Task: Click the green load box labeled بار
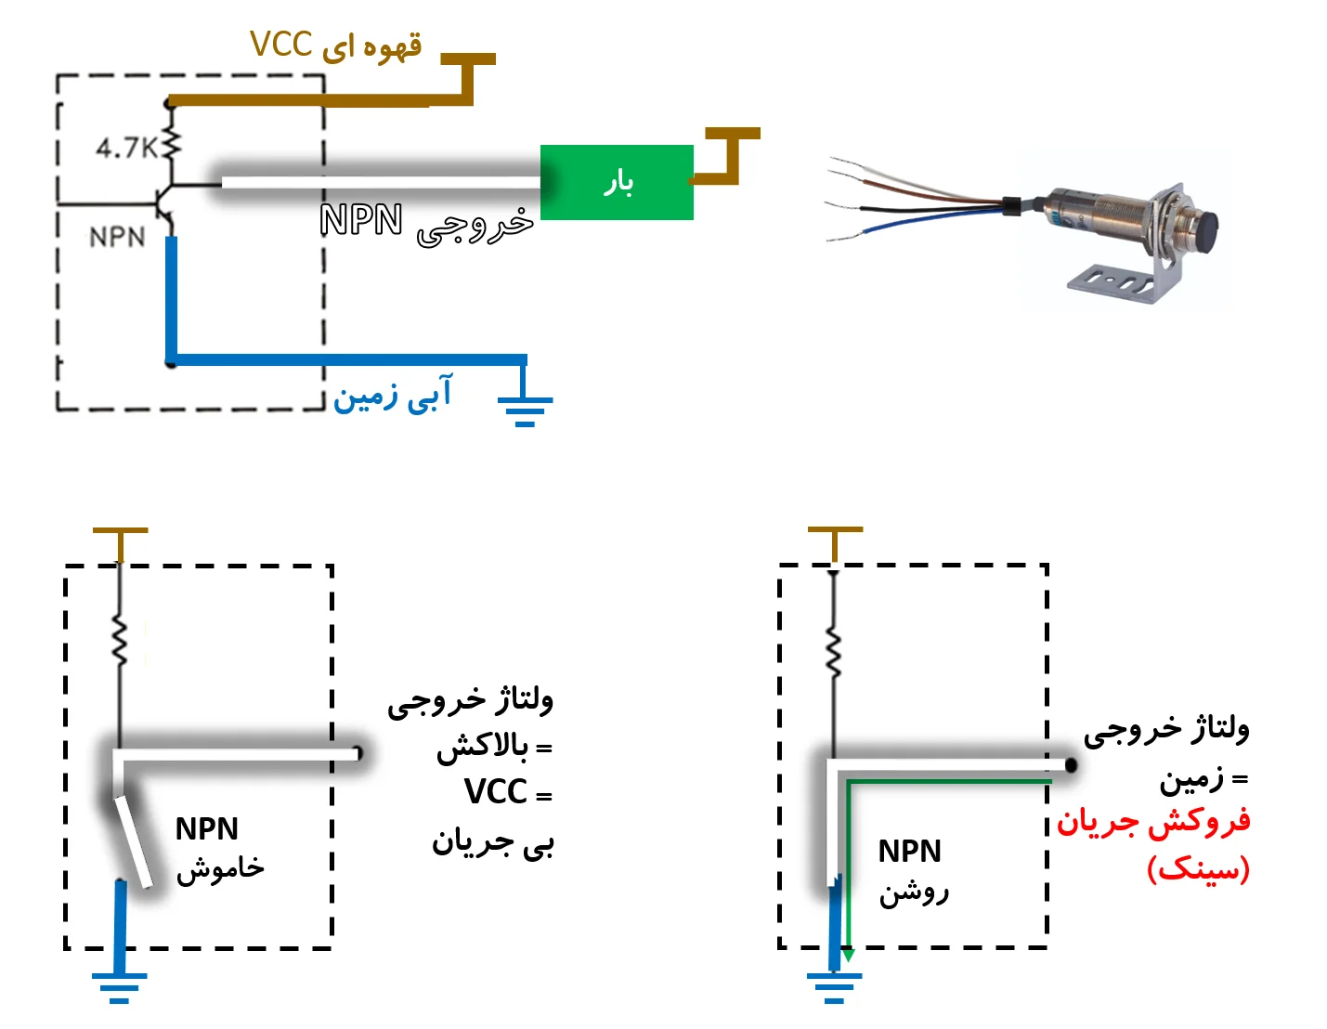617,182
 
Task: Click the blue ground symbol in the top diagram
525,407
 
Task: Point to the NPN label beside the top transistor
117,238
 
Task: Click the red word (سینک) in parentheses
1198,869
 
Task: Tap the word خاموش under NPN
221,868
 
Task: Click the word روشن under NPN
915,892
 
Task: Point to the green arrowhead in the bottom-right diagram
847,955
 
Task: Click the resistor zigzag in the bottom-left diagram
120,640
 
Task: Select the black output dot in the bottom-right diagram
1071,765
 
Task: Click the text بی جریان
492,843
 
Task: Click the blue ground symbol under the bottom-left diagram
119,984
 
